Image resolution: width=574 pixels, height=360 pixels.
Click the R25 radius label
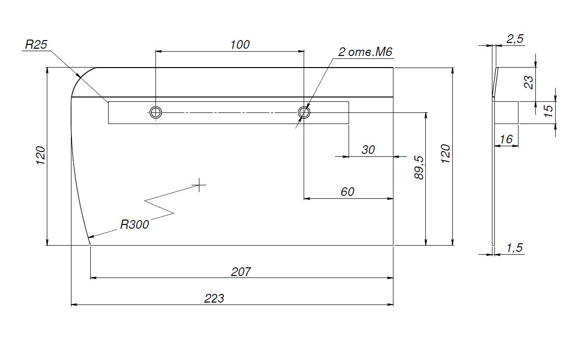[x=36, y=45]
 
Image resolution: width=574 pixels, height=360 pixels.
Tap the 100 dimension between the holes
[x=240, y=44]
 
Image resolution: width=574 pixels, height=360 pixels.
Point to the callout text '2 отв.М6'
[x=363, y=52]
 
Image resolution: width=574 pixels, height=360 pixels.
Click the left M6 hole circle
[x=155, y=112]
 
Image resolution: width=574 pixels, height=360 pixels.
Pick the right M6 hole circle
[x=304, y=112]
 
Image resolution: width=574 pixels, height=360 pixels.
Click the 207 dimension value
[x=241, y=272]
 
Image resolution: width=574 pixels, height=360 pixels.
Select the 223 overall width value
[x=214, y=298]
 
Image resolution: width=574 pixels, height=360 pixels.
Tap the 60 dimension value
[x=347, y=192]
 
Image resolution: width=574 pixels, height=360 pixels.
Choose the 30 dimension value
[x=368, y=150]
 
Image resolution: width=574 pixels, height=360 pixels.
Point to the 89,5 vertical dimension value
[x=419, y=168]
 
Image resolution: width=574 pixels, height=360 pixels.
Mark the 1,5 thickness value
[x=515, y=248]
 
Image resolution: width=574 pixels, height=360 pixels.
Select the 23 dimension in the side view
[x=529, y=82]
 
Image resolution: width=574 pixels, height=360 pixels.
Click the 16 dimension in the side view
[x=506, y=139]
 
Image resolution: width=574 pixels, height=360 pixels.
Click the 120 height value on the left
[x=41, y=155]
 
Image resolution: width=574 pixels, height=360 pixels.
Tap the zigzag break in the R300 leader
[x=159, y=205]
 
